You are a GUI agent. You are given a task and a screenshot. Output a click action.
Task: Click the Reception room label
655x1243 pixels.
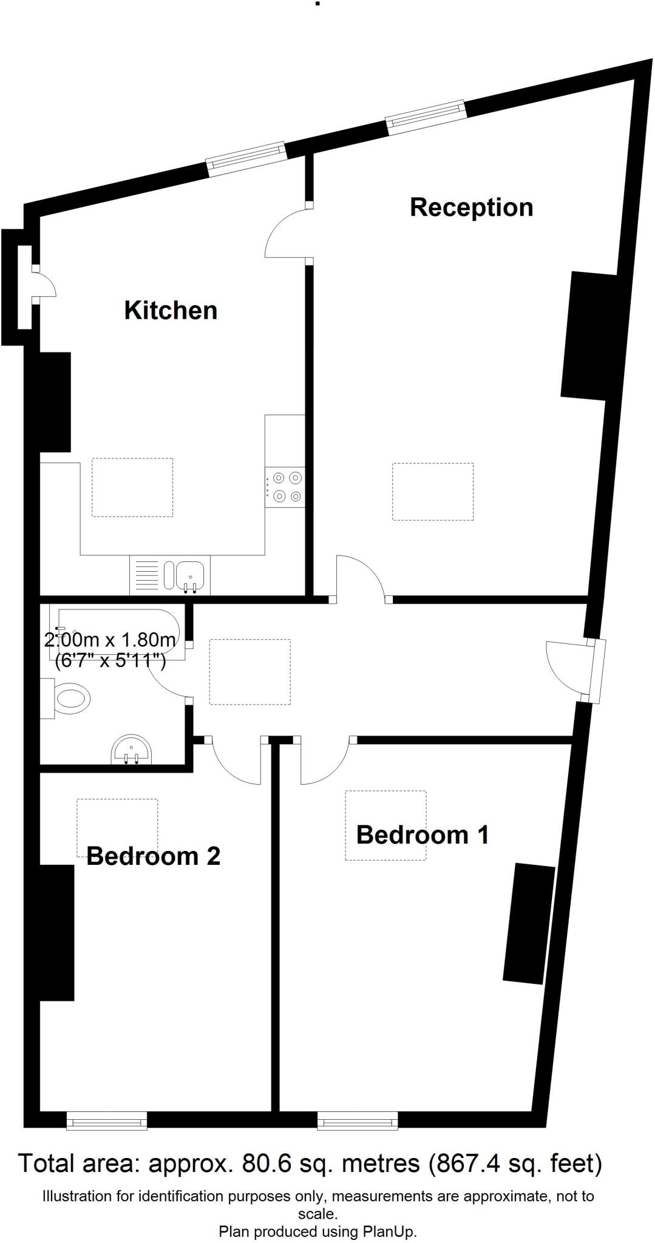point(472,208)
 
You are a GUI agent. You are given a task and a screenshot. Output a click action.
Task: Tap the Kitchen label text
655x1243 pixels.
point(171,310)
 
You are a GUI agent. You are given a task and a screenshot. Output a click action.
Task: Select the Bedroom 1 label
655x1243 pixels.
point(423,835)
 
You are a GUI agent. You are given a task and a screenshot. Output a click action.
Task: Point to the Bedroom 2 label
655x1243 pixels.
point(153,856)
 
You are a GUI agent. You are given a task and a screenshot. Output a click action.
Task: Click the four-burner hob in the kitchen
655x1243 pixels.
point(285,487)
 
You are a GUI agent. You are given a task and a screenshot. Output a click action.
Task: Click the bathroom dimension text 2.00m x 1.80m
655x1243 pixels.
point(110,640)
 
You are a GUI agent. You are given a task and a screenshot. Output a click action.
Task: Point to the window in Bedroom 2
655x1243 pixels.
point(107,1120)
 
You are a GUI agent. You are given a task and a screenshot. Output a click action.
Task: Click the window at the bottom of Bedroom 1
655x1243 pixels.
point(358,1120)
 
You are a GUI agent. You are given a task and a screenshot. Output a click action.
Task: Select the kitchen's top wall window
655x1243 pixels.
point(246,158)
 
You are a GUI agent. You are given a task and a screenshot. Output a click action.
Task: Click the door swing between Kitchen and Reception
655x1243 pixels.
point(285,232)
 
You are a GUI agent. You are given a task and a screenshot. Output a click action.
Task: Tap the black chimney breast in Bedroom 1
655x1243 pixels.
point(529,923)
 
